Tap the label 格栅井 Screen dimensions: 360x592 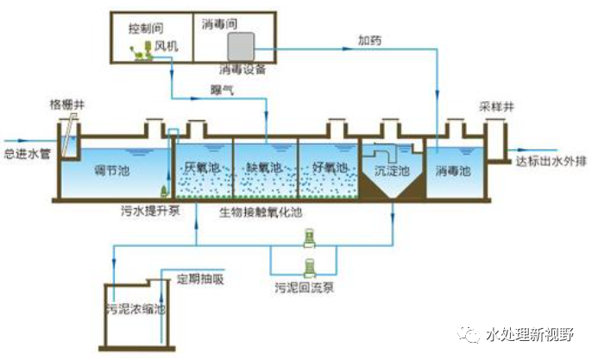66,107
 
